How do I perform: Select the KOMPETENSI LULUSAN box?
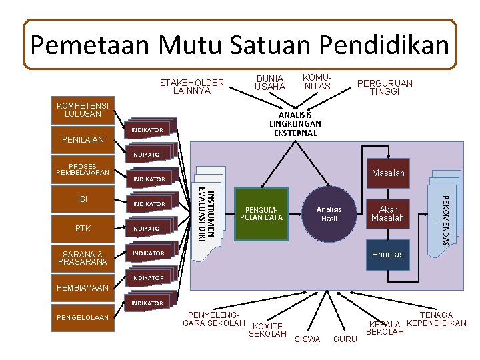click(x=83, y=110)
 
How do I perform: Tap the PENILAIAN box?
click(x=83, y=141)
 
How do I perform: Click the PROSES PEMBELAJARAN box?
click(x=83, y=170)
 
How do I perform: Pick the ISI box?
click(x=83, y=199)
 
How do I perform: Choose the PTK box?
click(x=83, y=229)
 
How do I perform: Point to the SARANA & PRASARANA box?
click(x=83, y=258)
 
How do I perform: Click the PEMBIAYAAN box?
click(x=83, y=289)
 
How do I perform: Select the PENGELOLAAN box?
click(x=83, y=317)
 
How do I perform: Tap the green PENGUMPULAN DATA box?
click(x=262, y=214)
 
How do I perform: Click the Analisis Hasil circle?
click(x=329, y=214)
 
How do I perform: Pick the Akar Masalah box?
click(x=387, y=214)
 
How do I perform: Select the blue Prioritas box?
click(x=387, y=254)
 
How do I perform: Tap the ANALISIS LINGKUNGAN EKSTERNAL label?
click(x=295, y=124)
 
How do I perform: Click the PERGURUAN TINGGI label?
click(x=385, y=87)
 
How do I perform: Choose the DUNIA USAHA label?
click(x=270, y=83)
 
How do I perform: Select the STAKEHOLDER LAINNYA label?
click(x=192, y=87)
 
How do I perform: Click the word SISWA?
click(x=307, y=339)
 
